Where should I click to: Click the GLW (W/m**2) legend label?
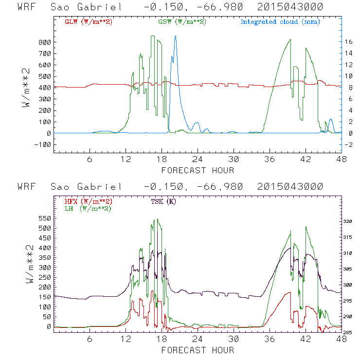point(89,22)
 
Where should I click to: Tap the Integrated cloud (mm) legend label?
point(280,22)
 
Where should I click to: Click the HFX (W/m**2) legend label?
point(89,201)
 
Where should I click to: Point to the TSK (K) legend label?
point(164,201)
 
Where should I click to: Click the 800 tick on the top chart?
point(45,42)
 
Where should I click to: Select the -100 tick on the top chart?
point(43,144)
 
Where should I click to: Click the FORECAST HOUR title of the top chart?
point(198,170)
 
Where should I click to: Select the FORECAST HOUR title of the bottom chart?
point(198,350)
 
